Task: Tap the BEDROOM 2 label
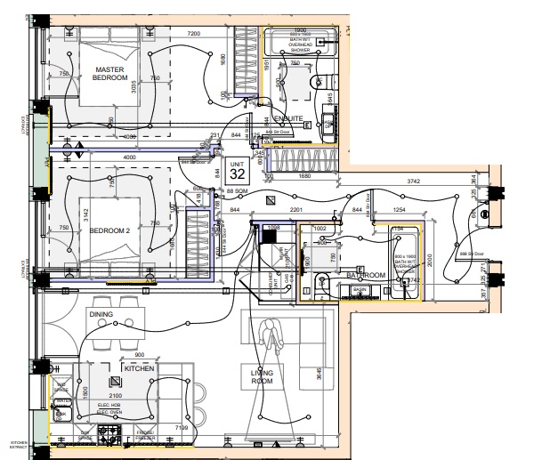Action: (109, 231)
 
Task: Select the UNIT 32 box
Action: (237, 170)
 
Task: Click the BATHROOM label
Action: (365, 276)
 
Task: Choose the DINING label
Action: (101, 314)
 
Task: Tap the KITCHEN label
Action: (140, 367)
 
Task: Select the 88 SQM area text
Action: (237, 191)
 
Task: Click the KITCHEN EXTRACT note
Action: (20, 445)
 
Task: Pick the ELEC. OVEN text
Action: (109, 413)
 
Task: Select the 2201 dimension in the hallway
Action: (297, 209)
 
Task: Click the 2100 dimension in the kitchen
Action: (116, 396)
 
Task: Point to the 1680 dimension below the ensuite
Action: (304, 175)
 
